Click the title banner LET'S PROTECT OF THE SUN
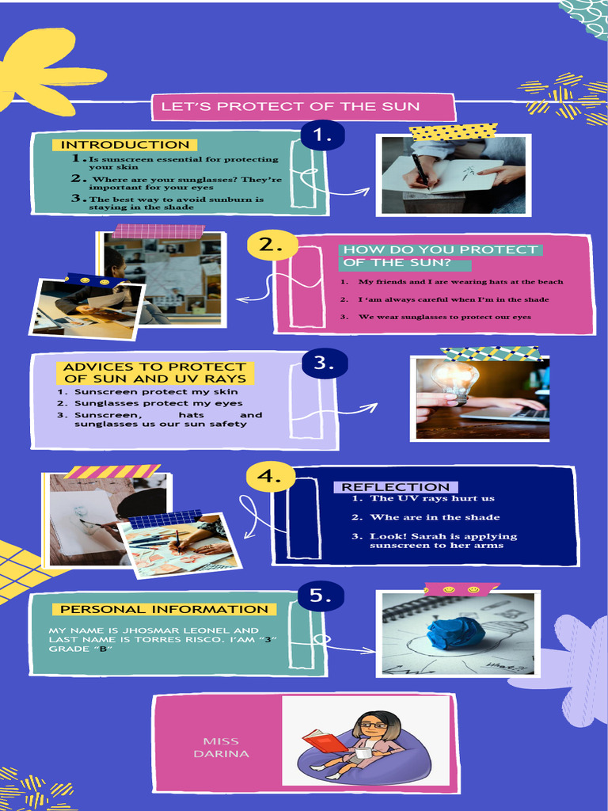point(303,107)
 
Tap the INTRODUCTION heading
point(125,145)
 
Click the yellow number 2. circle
point(272,245)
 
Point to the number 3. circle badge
point(324,363)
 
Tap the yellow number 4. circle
point(270,476)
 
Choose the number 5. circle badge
point(321,596)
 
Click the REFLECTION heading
point(396,487)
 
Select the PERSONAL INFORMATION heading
point(164,609)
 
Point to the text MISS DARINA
point(221,748)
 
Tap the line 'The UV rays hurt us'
point(431,498)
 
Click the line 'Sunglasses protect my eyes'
point(158,403)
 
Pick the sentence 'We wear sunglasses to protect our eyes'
point(445,317)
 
